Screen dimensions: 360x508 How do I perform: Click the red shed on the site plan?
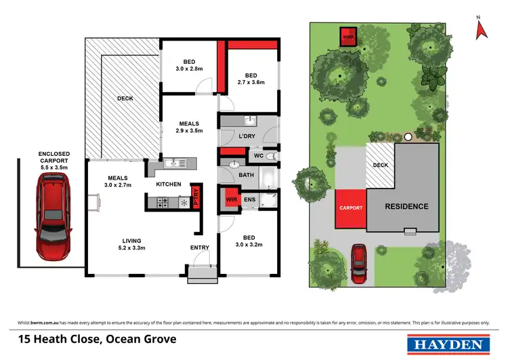click(349, 35)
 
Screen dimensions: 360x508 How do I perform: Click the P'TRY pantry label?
click(196, 196)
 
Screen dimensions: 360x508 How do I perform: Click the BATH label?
click(245, 176)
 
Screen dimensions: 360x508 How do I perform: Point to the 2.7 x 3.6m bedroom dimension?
click(251, 82)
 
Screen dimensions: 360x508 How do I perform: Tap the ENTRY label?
click(199, 247)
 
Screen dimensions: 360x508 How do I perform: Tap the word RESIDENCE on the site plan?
click(406, 206)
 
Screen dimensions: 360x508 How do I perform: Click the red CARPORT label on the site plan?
click(351, 208)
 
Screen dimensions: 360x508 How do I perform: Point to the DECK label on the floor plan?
click(125, 98)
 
